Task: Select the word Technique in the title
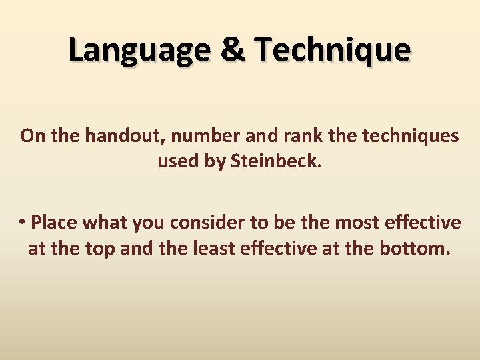click(332, 51)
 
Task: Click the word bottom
click(419, 249)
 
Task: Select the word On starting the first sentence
click(30, 136)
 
